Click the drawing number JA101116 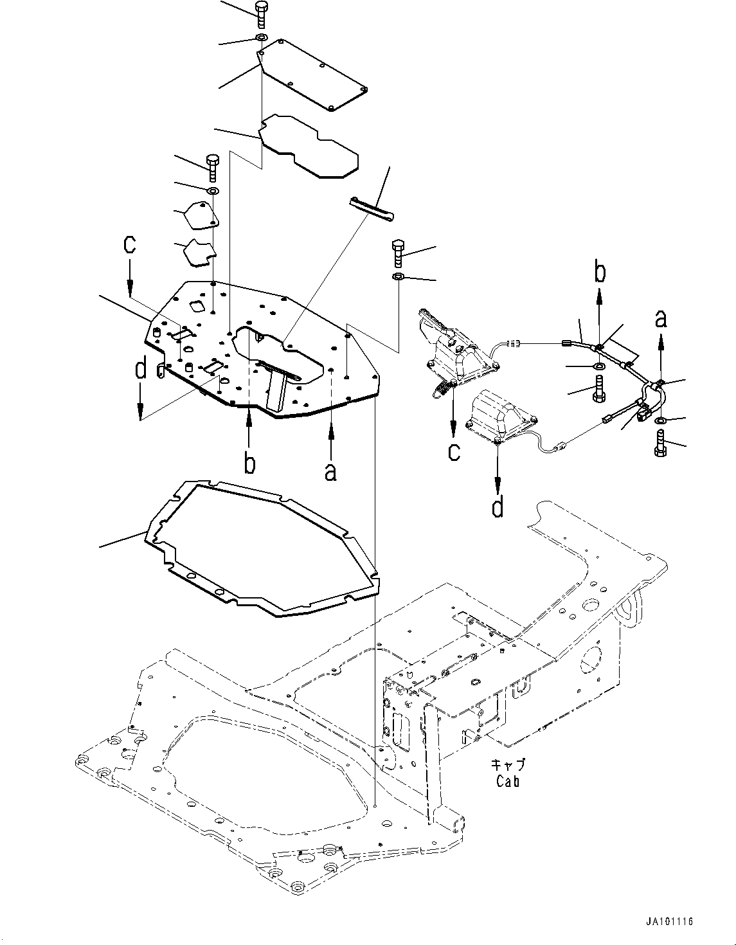tap(670, 922)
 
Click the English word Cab tap(507, 781)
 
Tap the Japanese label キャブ tap(508, 765)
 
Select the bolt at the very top tap(260, 14)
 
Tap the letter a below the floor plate tap(330, 471)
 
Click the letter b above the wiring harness tap(599, 273)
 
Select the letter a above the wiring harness tap(661, 317)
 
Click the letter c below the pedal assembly tap(454, 451)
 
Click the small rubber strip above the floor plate tap(372, 210)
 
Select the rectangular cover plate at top tap(315, 76)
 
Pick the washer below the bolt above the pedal tap(398, 277)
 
